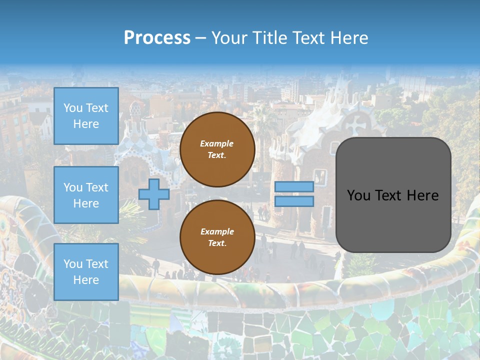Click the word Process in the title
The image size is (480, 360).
click(x=157, y=38)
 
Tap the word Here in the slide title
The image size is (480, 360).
click(x=349, y=38)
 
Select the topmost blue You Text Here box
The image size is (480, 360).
click(x=86, y=116)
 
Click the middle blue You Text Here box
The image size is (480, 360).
click(x=86, y=195)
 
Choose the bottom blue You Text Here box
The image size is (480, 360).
click(x=86, y=271)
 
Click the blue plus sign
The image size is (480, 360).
click(x=153, y=194)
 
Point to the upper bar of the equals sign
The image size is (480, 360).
click(x=294, y=186)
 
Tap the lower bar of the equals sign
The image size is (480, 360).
click(x=294, y=201)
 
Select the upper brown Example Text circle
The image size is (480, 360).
click(x=217, y=149)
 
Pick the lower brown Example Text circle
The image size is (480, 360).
click(x=217, y=237)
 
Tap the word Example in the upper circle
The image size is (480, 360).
click(x=217, y=143)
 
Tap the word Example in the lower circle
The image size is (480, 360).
click(x=217, y=231)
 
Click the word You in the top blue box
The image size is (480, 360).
click(x=73, y=108)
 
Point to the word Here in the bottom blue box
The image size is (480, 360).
click(x=86, y=280)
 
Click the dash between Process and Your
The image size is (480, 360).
click(x=200, y=38)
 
